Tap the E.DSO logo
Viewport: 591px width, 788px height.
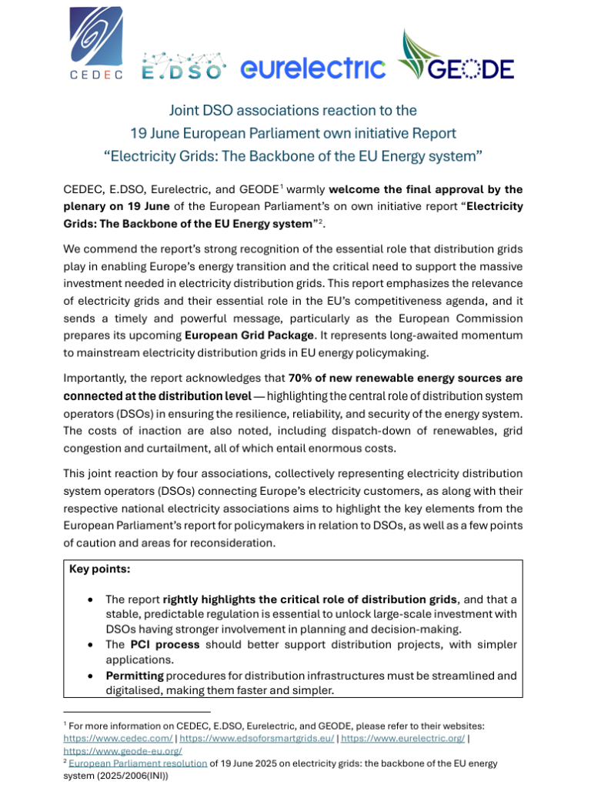click(x=185, y=67)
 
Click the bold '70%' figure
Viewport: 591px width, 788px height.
click(x=302, y=378)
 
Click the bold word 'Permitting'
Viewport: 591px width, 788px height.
click(x=134, y=675)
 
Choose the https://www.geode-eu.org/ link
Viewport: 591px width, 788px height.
click(x=106, y=750)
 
